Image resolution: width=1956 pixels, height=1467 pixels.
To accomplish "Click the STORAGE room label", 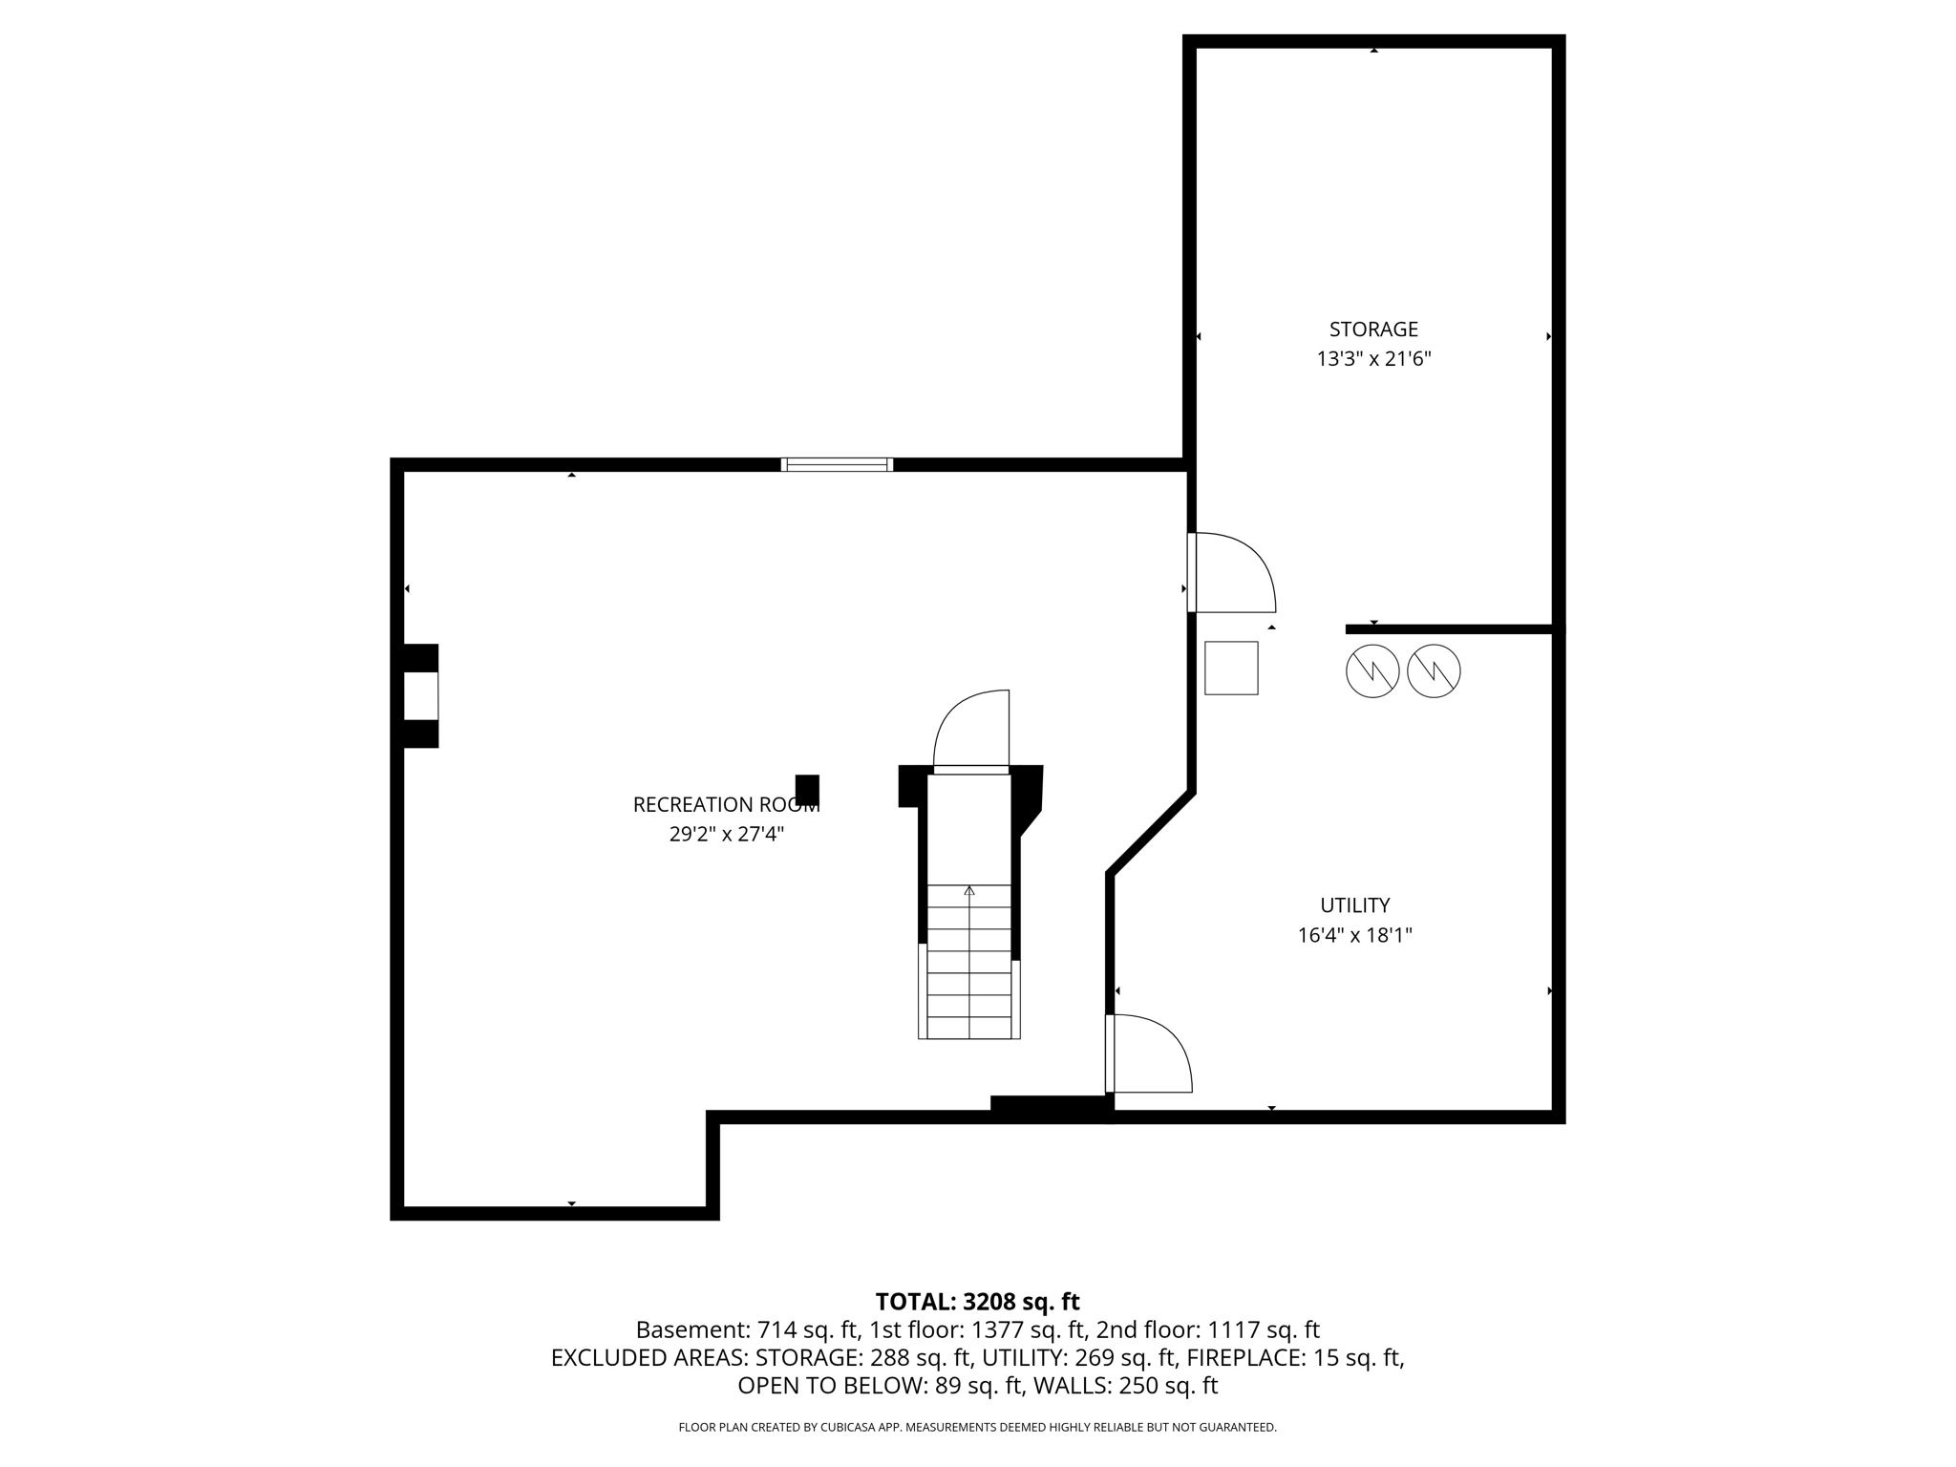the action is (x=1373, y=330).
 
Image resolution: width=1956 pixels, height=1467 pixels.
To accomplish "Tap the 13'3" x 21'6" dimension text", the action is (x=1373, y=359).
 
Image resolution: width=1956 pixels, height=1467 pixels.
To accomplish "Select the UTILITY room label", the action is (x=1354, y=905).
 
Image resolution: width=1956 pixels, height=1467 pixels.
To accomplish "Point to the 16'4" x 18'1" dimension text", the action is (x=1354, y=935).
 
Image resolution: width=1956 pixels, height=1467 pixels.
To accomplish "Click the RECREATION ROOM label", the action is (x=726, y=805).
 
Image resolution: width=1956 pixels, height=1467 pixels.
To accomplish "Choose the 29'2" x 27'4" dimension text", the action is (x=726, y=835).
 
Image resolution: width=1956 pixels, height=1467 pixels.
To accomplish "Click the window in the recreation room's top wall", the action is (x=837, y=465).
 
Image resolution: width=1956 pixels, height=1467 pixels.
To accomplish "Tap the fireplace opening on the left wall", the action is (x=420, y=695).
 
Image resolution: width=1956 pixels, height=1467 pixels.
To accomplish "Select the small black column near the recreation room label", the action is (x=807, y=790).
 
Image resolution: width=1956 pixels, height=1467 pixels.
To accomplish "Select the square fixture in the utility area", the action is (x=1231, y=668).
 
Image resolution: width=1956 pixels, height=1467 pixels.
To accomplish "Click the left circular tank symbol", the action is (x=1372, y=671).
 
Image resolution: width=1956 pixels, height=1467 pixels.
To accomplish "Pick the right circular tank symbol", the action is (x=1434, y=671).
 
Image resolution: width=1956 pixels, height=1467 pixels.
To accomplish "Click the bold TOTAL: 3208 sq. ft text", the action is (x=977, y=1302).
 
